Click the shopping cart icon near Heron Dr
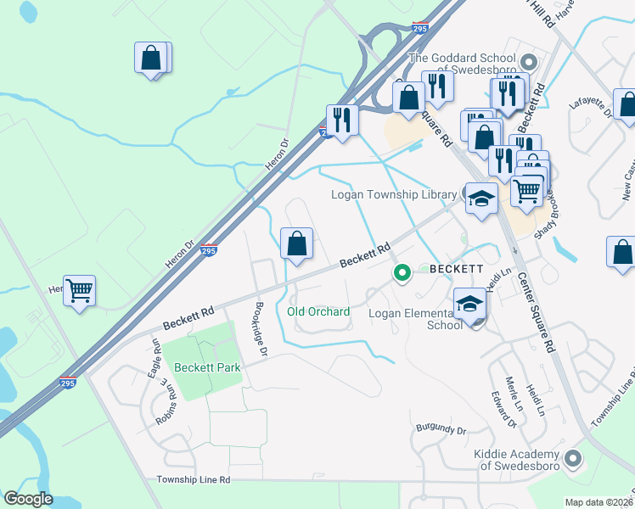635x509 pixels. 80,291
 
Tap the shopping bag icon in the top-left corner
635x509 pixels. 151,59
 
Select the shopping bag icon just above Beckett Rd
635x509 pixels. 296,244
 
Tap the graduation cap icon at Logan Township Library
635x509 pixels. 481,199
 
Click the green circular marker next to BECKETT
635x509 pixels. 402,273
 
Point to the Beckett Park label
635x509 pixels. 209,367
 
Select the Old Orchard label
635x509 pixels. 318,311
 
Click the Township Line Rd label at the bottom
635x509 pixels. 194,479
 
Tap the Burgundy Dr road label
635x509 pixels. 441,430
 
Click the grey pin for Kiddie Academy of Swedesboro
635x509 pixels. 574,459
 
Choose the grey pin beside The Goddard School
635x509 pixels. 529,62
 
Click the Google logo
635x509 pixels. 28,499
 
